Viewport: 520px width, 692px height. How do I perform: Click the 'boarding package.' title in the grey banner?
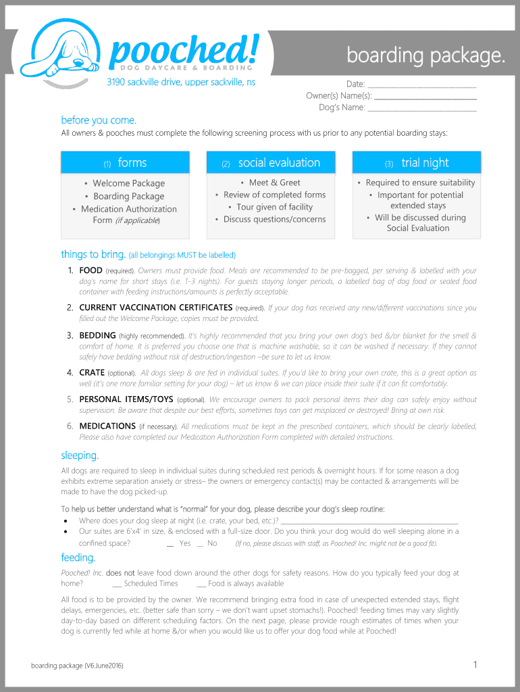point(425,55)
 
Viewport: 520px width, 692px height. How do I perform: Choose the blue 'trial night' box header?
point(417,163)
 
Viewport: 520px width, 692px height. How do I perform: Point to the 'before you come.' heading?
point(99,120)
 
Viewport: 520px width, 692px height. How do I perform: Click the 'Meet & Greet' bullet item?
point(274,182)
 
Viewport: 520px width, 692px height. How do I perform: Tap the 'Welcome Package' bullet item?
point(128,183)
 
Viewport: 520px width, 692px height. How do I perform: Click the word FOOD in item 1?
point(90,270)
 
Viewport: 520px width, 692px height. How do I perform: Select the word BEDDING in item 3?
point(97,335)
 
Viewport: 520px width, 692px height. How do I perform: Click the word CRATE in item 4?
point(92,372)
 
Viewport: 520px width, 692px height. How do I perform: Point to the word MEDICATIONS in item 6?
point(107,426)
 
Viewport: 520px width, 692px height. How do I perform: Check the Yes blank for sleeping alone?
point(171,544)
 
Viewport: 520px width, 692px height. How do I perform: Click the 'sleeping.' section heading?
point(80,455)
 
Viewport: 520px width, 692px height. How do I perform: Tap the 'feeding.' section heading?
point(78,558)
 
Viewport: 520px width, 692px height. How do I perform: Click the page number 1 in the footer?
point(475,665)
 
